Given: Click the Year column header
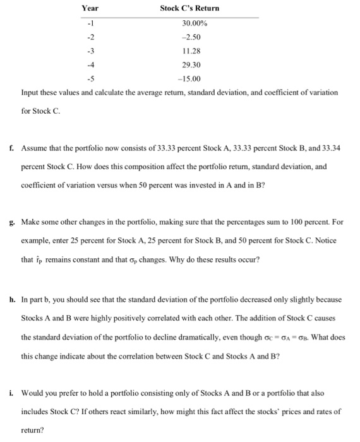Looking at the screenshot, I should [x=90, y=8].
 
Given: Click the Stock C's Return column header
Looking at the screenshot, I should [x=189, y=8].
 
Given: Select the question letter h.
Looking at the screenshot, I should [x=13, y=299].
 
